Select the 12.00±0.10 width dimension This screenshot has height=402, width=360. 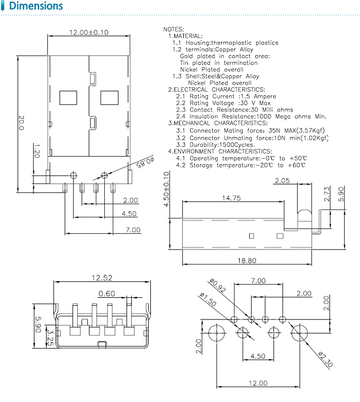tap(88, 32)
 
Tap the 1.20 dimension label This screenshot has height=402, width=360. tap(37, 152)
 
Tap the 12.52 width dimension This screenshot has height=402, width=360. tap(102, 277)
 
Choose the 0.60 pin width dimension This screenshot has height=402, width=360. tap(106, 294)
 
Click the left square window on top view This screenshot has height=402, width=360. tap(68, 97)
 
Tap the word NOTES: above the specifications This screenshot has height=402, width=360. tap(174, 29)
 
